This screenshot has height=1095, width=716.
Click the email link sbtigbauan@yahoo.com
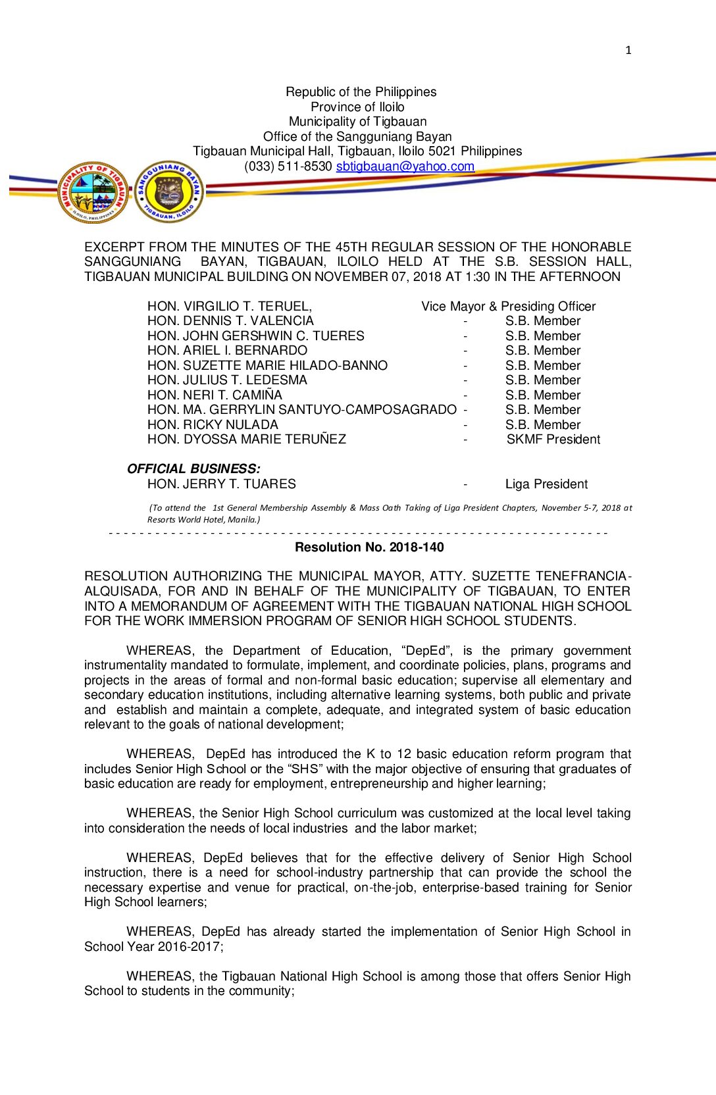tap(405, 166)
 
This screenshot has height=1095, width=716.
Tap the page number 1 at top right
tap(628, 50)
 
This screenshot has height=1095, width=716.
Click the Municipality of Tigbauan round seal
tap(93, 192)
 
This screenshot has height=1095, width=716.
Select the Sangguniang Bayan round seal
tap(169, 191)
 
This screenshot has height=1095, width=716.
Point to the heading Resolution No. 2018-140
tap(369, 547)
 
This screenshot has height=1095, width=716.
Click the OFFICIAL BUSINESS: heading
tap(193, 469)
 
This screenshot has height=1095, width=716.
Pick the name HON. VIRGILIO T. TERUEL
tap(229, 307)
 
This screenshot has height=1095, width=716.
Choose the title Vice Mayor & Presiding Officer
tap(508, 307)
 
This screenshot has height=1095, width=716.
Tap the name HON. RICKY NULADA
tap(213, 425)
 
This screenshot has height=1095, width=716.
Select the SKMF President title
tap(553, 440)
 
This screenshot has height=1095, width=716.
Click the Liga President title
tap(546, 484)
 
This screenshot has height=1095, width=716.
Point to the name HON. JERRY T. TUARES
tap(221, 484)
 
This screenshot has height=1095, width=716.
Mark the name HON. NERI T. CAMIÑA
tap(215, 395)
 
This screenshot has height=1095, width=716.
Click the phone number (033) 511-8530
tap(288, 166)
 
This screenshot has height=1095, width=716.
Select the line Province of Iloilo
tap(357, 107)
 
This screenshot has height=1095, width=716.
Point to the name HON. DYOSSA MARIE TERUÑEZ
tap(246, 440)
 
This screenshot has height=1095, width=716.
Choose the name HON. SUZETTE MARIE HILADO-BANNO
tap(267, 366)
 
